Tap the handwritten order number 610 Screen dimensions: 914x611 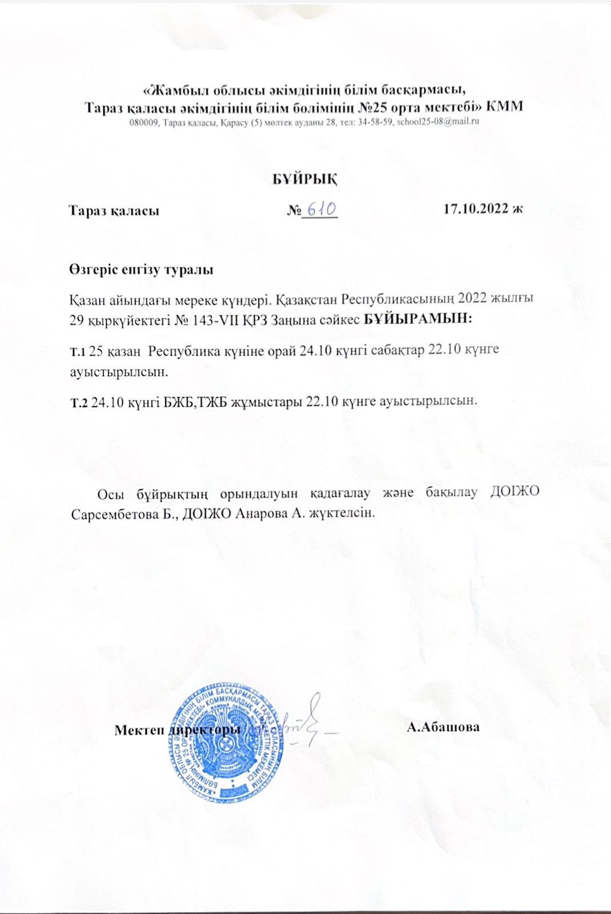[320, 210]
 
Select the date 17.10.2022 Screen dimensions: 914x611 [477, 210]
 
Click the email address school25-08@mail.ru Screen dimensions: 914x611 [439, 122]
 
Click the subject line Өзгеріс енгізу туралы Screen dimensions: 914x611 [141, 270]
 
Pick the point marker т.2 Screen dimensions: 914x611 [78, 402]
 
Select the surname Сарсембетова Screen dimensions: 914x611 [114, 513]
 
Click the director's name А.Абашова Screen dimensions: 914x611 [443, 727]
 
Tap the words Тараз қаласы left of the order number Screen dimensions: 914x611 [114, 210]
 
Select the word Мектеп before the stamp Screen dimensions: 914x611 [139, 730]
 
